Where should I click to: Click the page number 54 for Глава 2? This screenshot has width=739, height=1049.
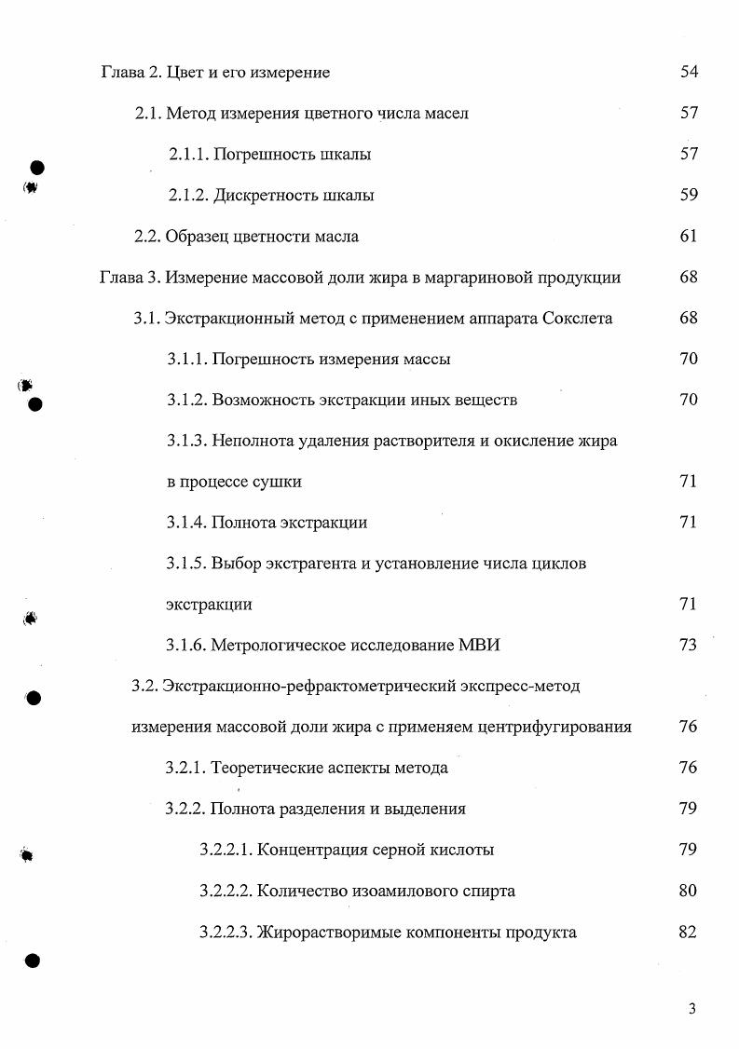pos(689,73)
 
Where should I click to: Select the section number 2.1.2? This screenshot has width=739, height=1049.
pos(188,196)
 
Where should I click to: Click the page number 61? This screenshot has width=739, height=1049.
pos(689,237)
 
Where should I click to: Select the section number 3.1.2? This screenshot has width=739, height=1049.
pos(186,401)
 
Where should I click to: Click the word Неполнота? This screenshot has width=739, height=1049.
pos(253,442)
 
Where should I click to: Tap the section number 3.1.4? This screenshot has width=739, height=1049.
pos(186,523)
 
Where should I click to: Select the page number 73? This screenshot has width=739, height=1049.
pos(689,646)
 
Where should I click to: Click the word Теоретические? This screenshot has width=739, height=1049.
pos(270,769)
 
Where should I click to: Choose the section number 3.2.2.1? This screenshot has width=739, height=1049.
pos(226,851)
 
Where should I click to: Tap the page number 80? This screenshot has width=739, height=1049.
pos(689,892)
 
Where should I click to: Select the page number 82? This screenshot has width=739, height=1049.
pos(689,933)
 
